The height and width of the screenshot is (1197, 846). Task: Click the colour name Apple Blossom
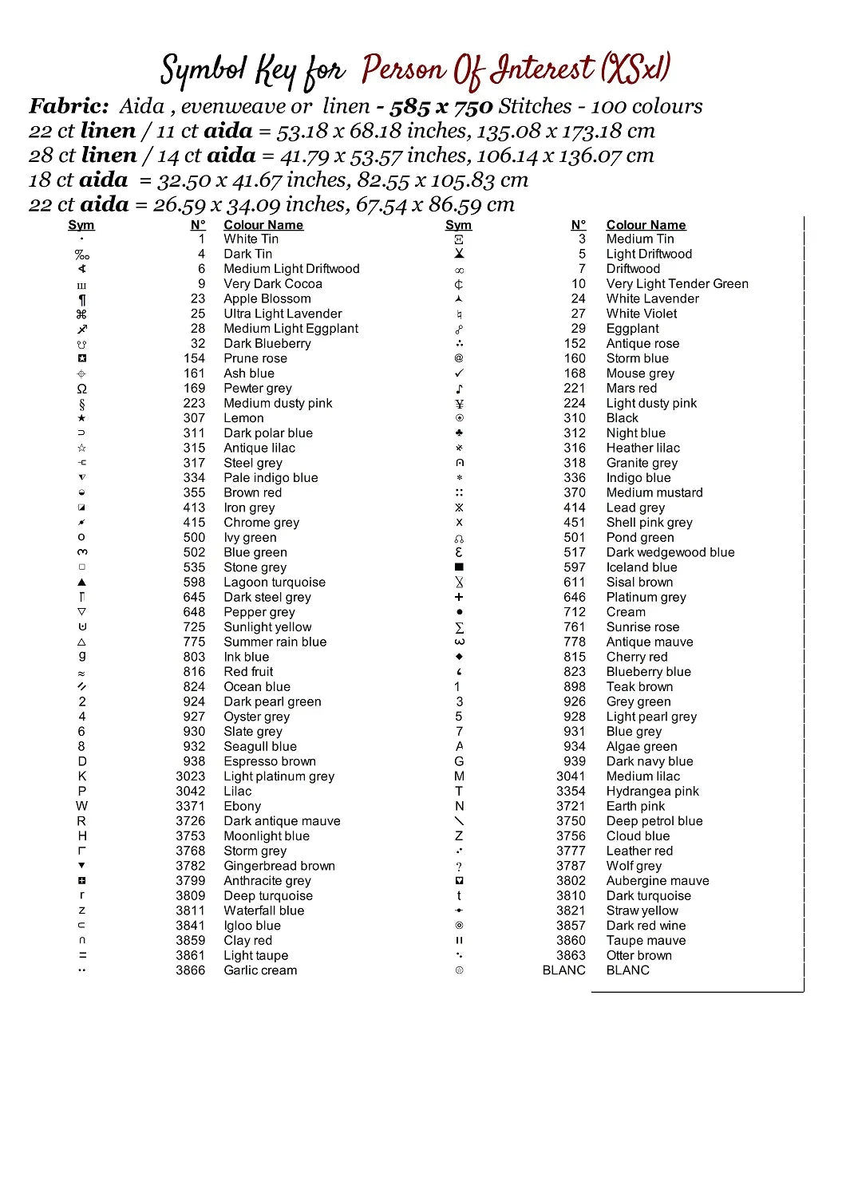[267, 298]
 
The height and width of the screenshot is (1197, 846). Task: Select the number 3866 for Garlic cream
[190, 970]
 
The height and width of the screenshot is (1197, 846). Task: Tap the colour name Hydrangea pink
[652, 791]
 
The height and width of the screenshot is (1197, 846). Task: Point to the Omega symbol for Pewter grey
[81, 389]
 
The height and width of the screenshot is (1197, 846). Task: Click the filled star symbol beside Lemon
[81, 418]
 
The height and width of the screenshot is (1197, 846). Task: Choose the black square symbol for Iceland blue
[459, 567]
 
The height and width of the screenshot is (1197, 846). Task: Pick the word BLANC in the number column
[563, 970]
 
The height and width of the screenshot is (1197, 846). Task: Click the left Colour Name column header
[263, 225]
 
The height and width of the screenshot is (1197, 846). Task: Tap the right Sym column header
[458, 225]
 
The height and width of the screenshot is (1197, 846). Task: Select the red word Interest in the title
[542, 70]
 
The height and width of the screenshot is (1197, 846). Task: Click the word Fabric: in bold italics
[69, 106]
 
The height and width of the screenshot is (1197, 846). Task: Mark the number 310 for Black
[574, 418]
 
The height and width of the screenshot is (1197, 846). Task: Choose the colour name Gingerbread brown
[279, 866]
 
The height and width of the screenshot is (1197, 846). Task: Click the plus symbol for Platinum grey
[459, 597]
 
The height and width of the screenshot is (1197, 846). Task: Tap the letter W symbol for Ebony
[81, 806]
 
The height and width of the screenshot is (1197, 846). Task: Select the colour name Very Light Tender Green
[677, 283]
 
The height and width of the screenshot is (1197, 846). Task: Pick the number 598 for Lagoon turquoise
[194, 583]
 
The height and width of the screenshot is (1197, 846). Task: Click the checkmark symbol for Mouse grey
[459, 373]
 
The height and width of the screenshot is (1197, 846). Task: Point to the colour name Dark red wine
[646, 926]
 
